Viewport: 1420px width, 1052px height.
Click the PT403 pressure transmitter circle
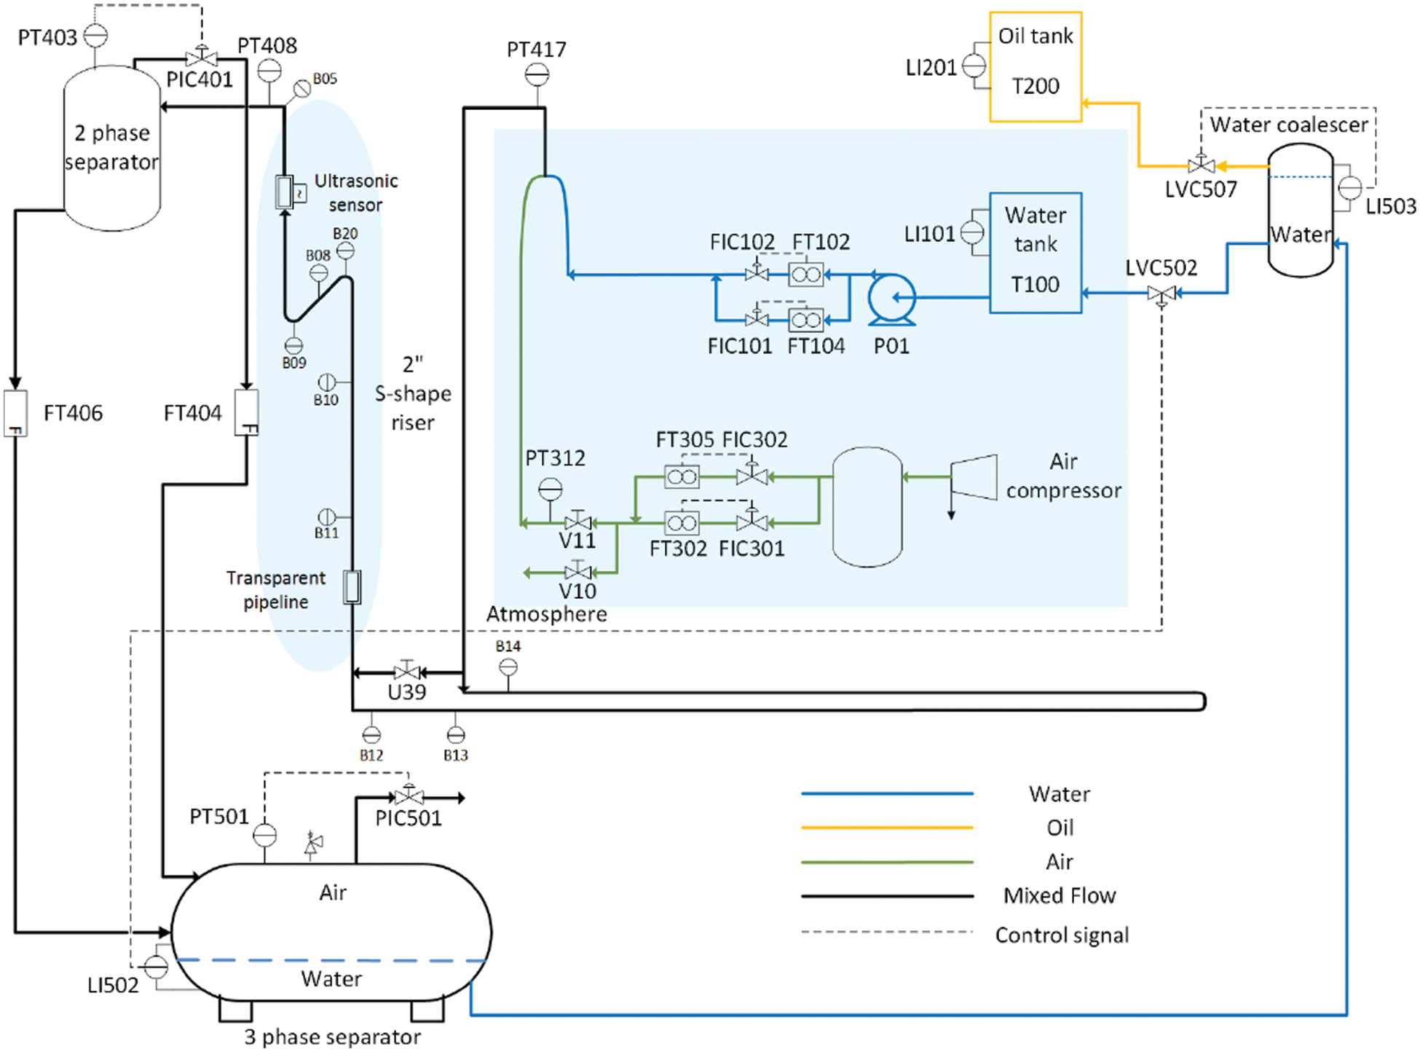pos(95,35)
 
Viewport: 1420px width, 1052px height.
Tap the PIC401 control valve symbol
pos(201,58)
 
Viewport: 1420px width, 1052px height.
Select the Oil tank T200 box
pos(1035,67)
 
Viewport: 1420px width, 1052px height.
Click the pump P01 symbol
pos(891,298)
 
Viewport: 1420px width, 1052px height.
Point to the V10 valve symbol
pos(577,572)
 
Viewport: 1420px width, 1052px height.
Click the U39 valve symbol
pos(406,672)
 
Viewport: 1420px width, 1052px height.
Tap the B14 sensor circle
pos(508,667)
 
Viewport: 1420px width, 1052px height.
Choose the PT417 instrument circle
pos(537,74)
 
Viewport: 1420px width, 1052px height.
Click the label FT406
pos(73,413)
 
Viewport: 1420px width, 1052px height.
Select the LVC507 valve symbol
pos(1200,165)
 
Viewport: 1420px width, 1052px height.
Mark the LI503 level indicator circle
pos(1349,188)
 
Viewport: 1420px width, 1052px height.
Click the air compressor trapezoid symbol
pos(974,477)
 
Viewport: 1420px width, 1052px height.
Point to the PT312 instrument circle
pos(551,489)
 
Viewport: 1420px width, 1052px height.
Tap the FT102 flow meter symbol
pos(805,275)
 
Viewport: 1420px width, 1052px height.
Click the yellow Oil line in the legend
pos(887,828)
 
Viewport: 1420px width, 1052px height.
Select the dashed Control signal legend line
pos(887,932)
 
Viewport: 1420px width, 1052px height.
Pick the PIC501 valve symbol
pos(409,797)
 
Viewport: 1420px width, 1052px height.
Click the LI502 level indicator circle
pos(156,967)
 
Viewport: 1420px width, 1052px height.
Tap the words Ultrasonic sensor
pos(355,193)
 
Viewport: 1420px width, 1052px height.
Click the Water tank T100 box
pos(1035,253)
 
